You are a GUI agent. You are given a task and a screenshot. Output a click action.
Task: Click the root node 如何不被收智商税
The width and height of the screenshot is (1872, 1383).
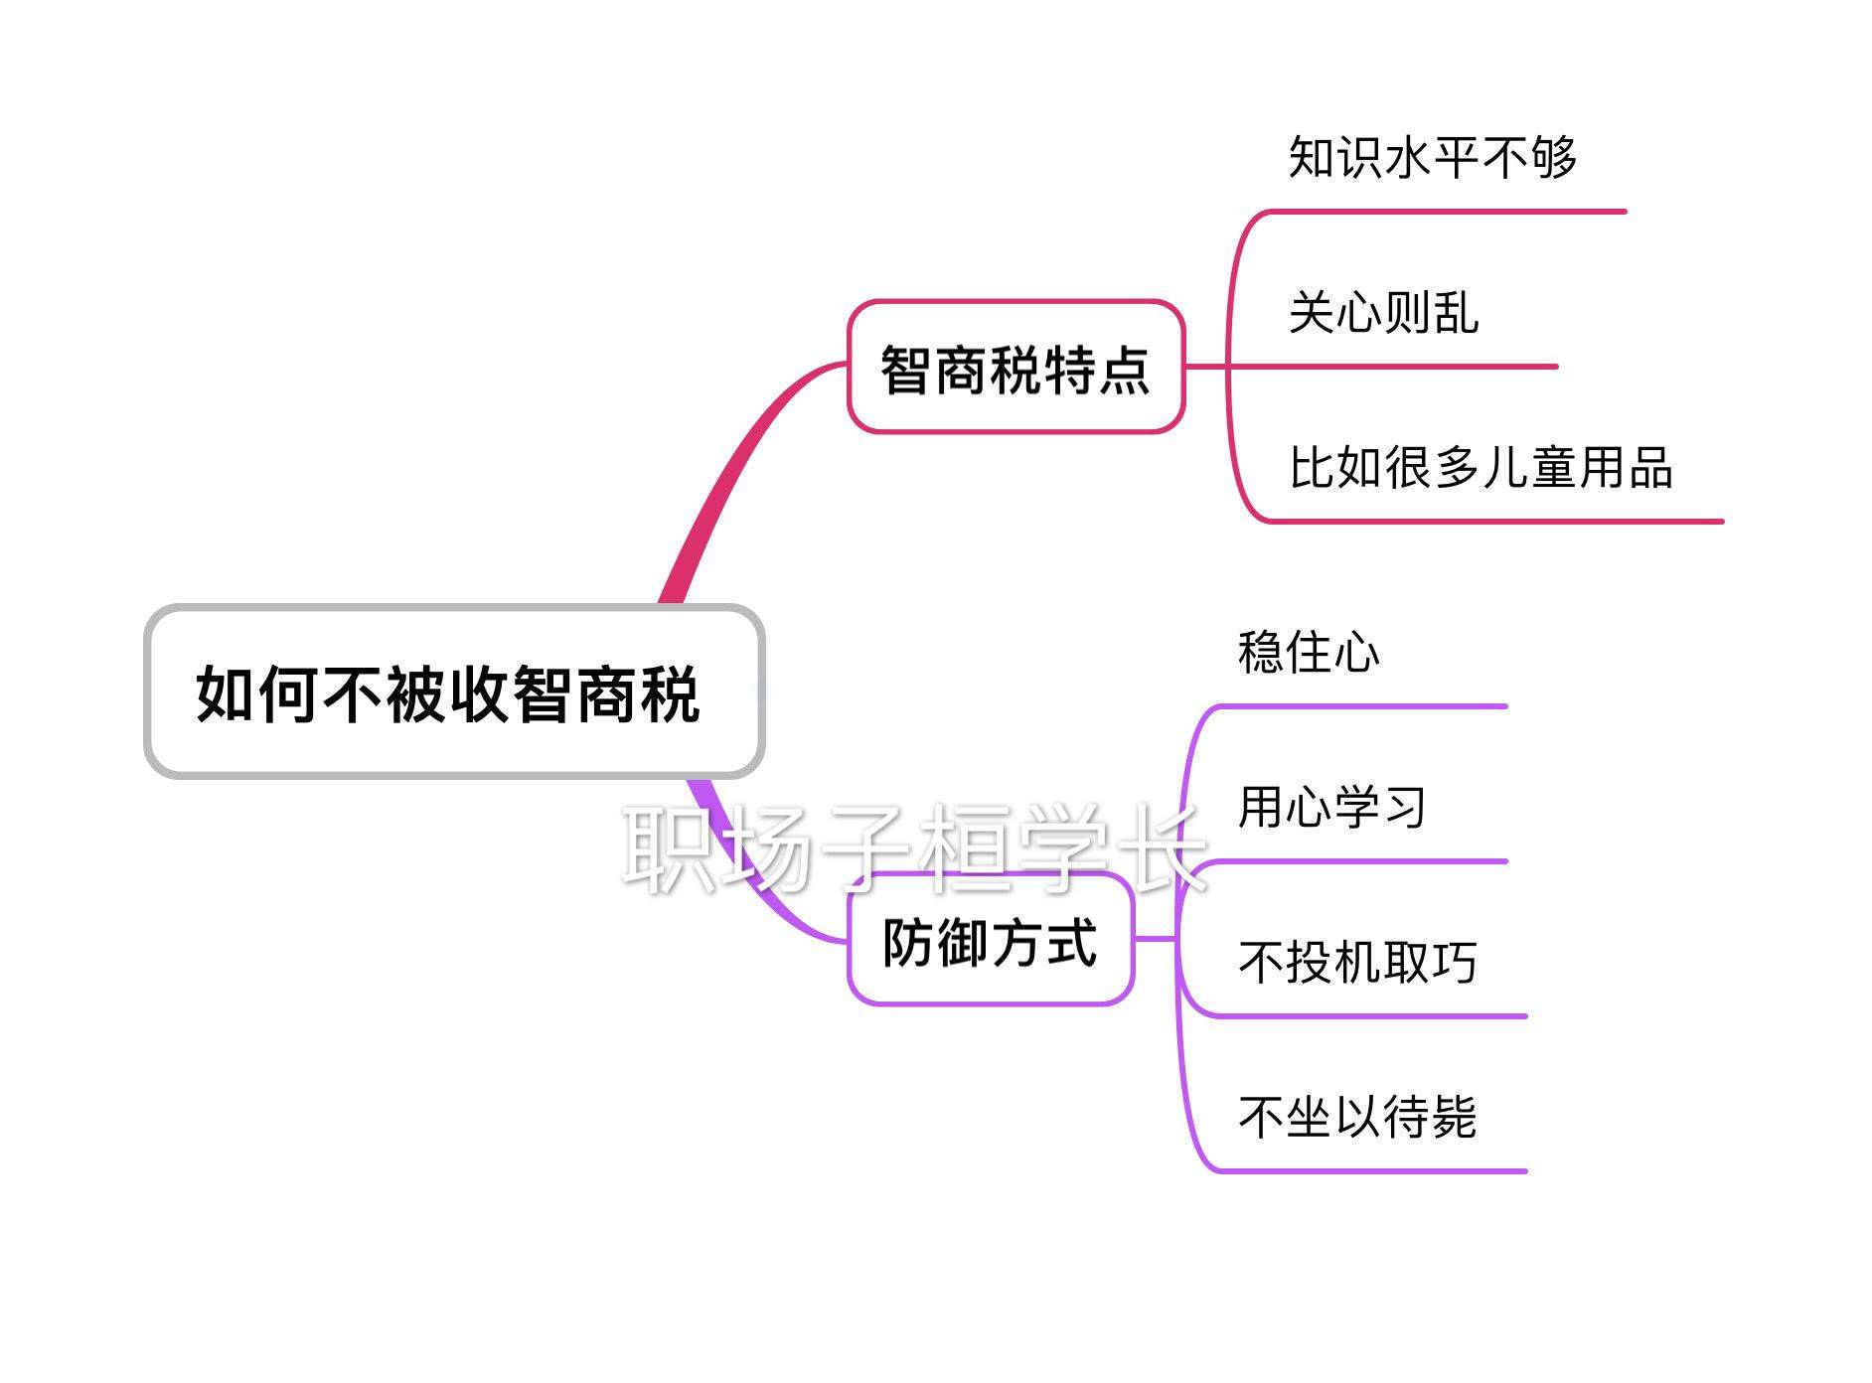pyautogui.click(x=453, y=692)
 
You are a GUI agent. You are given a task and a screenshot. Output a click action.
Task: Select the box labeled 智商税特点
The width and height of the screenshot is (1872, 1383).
pyautogui.click(x=1014, y=368)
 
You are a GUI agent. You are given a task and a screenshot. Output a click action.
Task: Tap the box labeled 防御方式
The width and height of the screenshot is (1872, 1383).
pyautogui.click(x=990, y=940)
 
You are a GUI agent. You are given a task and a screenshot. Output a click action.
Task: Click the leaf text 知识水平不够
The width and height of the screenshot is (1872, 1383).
pyautogui.click(x=1432, y=157)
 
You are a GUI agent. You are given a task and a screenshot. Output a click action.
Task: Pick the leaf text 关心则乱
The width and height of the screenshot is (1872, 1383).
pyautogui.click(x=1383, y=313)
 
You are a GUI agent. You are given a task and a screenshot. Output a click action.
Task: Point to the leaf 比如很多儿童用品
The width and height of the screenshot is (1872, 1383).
pyautogui.click(x=1481, y=467)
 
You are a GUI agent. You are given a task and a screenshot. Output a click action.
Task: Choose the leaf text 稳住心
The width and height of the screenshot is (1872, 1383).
pyautogui.click(x=1309, y=653)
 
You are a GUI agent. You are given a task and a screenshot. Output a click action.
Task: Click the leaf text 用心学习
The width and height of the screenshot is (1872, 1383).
pyautogui.click(x=1331, y=807)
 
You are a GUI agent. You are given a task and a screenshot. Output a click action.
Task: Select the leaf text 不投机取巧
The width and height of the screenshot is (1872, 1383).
pyautogui.click(x=1357, y=962)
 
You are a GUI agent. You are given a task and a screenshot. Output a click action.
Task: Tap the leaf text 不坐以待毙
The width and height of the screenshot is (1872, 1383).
pyautogui.click(x=1357, y=1117)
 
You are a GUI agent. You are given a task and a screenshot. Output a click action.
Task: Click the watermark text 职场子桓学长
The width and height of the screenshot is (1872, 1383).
pyautogui.click(x=914, y=846)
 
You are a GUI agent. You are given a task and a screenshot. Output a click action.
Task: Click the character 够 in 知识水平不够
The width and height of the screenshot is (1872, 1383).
pyautogui.click(x=1553, y=157)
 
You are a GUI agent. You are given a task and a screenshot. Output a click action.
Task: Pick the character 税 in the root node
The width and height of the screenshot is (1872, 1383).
pyautogui.click(x=672, y=692)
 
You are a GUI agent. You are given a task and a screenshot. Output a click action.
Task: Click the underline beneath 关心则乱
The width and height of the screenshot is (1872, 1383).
pyautogui.click(x=1411, y=367)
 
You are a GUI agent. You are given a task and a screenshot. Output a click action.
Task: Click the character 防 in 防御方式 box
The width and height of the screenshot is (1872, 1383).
pyautogui.click(x=908, y=941)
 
